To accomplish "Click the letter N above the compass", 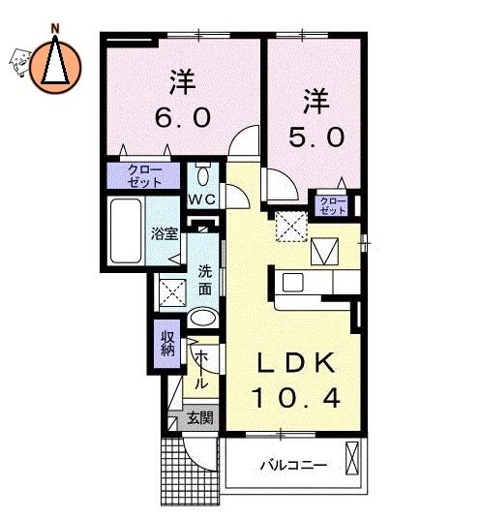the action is [x=55, y=28].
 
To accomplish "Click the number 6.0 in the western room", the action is [x=183, y=117].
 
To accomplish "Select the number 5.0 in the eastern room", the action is [x=316, y=137].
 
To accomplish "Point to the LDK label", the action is [x=296, y=363].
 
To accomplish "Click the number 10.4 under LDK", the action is [x=296, y=398].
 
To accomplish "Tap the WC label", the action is [x=202, y=199].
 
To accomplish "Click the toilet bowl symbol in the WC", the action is [x=202, y=174].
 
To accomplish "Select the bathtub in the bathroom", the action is [x=126, y=230].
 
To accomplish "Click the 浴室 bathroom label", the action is [x=165, y=233].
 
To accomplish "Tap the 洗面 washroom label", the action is [x=205, y=281].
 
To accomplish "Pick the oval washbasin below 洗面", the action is [x=203, y=318].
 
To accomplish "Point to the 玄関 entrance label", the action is [x=200, y=418].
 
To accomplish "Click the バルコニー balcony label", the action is [x=293, y=466].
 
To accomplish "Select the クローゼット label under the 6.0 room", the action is [x=144, y=176].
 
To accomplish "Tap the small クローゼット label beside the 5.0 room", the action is [x=333, y=206].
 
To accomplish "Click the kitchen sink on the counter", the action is [x=293, y=283].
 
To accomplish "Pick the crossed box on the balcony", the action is [x=351, y=458].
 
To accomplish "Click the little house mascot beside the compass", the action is [x=20, y=62].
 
